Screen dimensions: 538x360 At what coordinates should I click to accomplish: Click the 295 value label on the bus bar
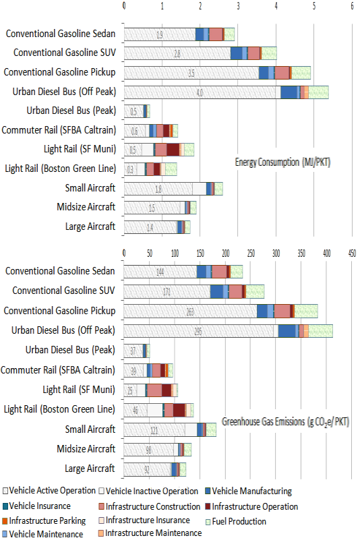[x=198, y=330]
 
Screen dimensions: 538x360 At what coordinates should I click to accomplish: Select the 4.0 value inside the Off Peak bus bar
[x=200, y=92]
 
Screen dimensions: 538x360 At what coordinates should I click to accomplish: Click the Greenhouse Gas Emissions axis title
[x=286, y=421]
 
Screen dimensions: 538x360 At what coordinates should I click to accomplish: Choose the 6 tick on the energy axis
[x=352, y=5]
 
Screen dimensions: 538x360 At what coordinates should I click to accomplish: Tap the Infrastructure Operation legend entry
[x=253, y=506]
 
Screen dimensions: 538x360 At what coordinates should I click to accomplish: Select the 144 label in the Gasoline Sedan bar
[x=160, y=272]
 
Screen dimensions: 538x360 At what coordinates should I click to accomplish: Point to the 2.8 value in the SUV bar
[x=177, y=53]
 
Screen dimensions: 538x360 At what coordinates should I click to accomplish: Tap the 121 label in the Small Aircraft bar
[x=154, y=429]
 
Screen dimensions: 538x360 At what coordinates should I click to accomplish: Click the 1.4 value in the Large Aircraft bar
[x=150, y=228]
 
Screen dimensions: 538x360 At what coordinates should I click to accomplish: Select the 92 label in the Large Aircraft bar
[x=147, y=469]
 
